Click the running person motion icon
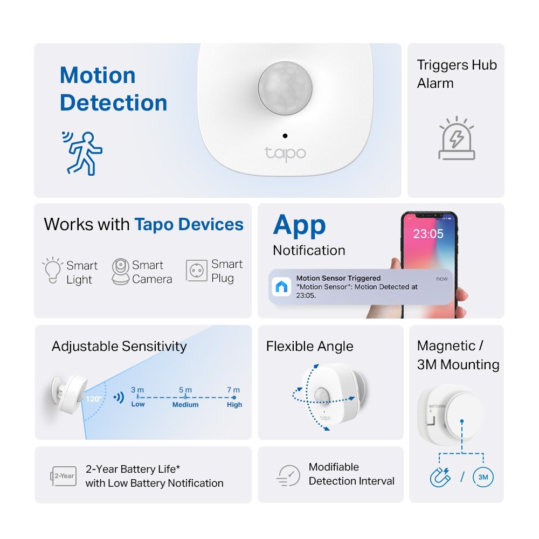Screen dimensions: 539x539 tap(82, 153)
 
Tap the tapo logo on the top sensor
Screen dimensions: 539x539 tap(285, 153)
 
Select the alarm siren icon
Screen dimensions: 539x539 tap(457, 140)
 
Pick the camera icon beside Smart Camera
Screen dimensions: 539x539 tap(120, 271)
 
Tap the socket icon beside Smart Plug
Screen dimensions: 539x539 tap(197, 271)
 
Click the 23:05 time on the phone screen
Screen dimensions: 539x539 tap(428, 234)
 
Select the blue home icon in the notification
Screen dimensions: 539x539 tap(281, 287)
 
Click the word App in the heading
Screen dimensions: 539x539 tap(300, 225)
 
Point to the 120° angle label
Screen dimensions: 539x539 tap(93, 399)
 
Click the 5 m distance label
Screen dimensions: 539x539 tap(185, 390)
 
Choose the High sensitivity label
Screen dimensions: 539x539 tap(234, 405)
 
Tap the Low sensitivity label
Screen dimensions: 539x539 tap(138, 404)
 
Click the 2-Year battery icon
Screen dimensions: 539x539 tap(63, 476)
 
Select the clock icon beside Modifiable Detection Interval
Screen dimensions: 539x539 tap(289, 475)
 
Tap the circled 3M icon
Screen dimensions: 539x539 tap(482, 476)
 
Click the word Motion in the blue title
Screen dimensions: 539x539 tap(98, 75)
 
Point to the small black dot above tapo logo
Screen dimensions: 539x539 tap(285, 136)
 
